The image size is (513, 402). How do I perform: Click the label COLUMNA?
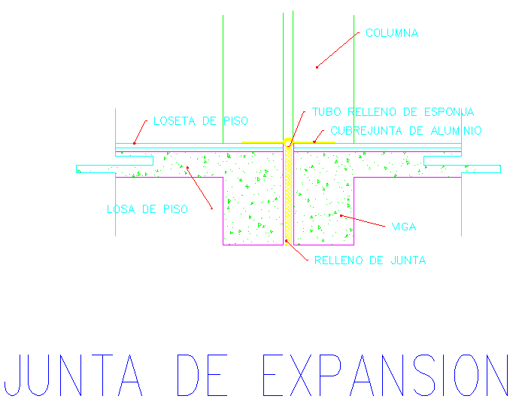tap(391, 34)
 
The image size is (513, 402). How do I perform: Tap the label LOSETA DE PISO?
tap(200, 121)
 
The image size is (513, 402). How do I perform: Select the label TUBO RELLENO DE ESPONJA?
tap(393, 112)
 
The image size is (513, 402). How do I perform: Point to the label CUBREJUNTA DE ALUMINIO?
tap(405, 131)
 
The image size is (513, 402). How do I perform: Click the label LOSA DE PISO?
tap(147, 209)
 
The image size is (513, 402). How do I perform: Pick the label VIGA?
tap(403, 227)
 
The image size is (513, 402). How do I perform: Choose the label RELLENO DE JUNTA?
tap(370, 261)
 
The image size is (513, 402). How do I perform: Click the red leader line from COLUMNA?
tap(335, 50)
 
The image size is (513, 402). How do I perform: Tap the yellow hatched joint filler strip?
tap(287, 196)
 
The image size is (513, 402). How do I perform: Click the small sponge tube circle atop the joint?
tap(287, 142)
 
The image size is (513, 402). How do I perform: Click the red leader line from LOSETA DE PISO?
tap(143, 132)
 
